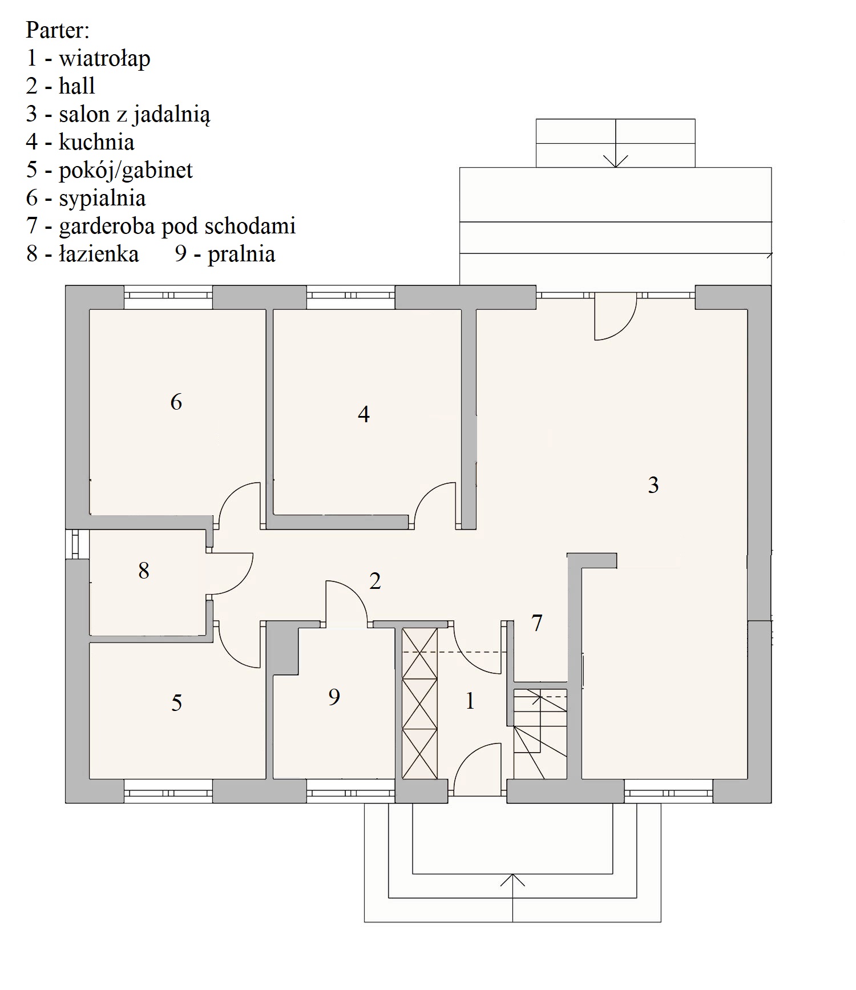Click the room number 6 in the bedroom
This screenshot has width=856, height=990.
pyautogui.click(x=176, y=402)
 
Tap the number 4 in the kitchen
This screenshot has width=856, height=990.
pyautogui.click(x=364, y=414)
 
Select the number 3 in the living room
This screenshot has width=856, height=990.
pyautogui.click(x=653, y=485)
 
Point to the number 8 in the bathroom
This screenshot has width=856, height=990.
pyautogui.click(x=144, y=570)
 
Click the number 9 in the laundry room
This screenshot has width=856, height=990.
pyautogui.click(x=334, y=697)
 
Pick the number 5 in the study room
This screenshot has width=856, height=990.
pyautogui.click(x=177, y=703)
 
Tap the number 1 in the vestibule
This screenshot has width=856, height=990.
pyautogui.click(x=470, y=701)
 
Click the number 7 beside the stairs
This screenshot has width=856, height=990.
pyautogui.click(x=537, y=623)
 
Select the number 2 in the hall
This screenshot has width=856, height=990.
pyautogui.click(x=375, y=581)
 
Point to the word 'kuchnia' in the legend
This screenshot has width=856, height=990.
pyautogui.click(x=96, y=142)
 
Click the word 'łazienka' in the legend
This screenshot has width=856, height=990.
pyautogui.click(x=99, y=254)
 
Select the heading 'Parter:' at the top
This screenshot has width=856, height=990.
pyautogui.click(x=58, y=30)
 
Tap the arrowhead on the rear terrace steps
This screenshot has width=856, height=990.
pyautogui.click(x=616, y=161)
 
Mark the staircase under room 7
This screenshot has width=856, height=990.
pyautogui.click(x=540, y=734)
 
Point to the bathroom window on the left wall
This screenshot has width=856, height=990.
pyautogui.click(x=77, y=544)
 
